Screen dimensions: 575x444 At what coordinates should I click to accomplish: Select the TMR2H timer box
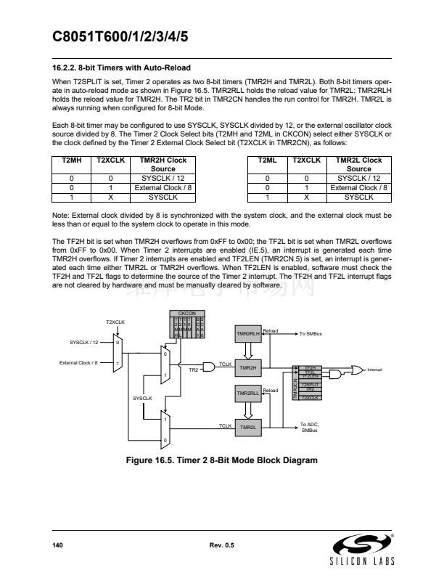pyautogui.click(x=247, y=368)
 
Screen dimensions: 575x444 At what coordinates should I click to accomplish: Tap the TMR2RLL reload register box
pyautogui.click(x=247, y=393)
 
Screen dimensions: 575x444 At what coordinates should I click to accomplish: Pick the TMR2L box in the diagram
pyautogui.click(x=247, y=427)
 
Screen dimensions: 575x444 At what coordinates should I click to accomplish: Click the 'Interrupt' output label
pyautogui.click(x=379, y=370)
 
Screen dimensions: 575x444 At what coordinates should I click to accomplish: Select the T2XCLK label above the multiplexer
pyautogui.click(x=116, y=321)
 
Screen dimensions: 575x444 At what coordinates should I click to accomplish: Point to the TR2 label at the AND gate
pyautogui.click(x=193, y=370)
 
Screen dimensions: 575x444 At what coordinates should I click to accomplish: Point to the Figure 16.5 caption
pyautogui.click(x=222, y=460)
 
